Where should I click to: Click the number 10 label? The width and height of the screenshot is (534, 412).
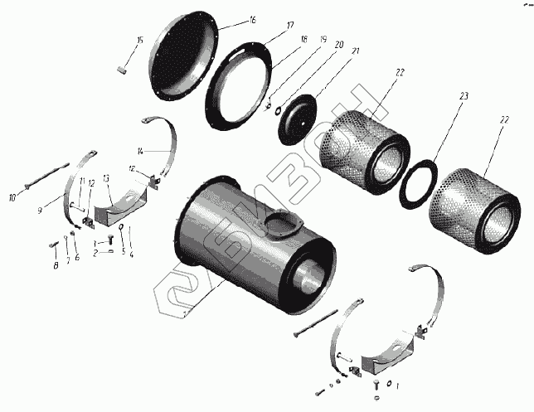[12, 196]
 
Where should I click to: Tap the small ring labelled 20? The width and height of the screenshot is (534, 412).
[279, 109]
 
